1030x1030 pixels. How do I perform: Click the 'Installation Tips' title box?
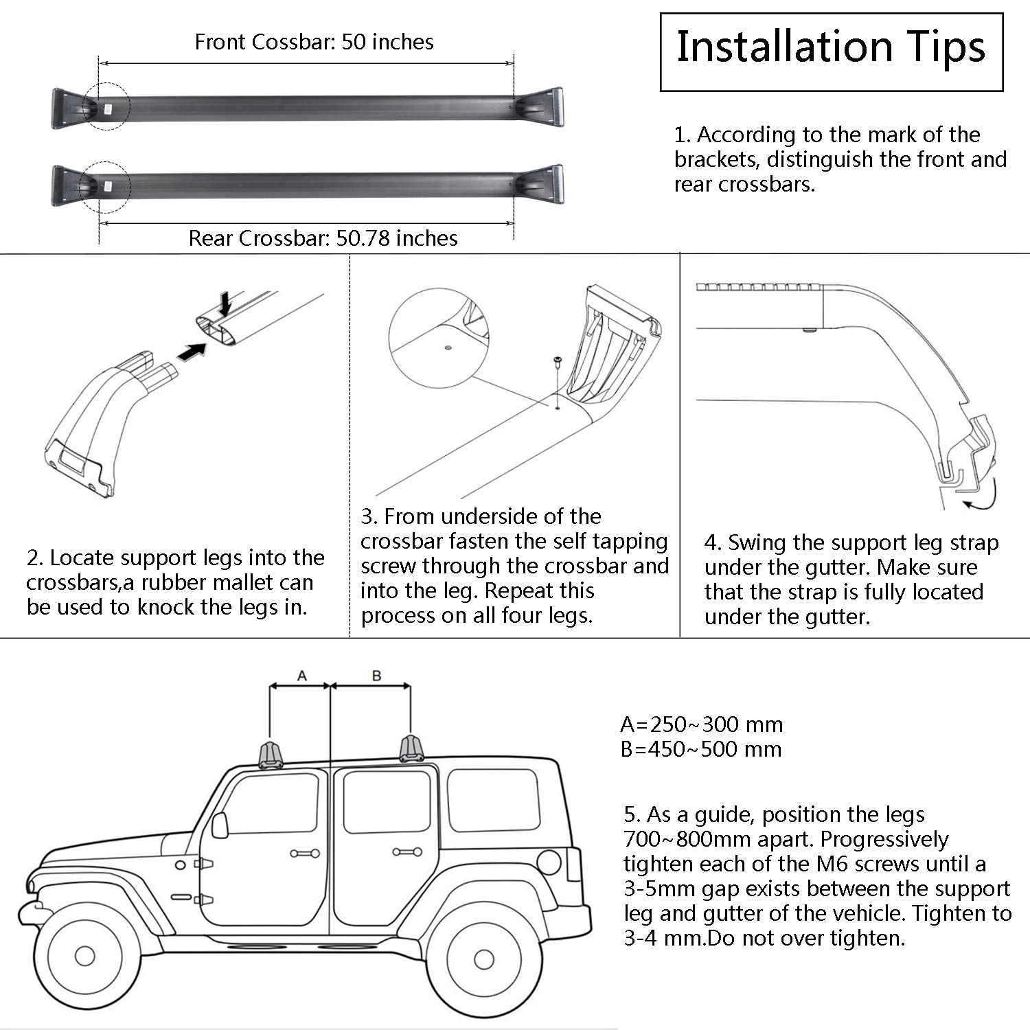(x=831, y=51)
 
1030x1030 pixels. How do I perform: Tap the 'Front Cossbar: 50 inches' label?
(x=314, y=42)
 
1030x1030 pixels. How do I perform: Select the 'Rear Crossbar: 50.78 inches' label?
(x=323, y=238)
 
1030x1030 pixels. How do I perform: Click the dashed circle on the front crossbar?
(x=106, y=106)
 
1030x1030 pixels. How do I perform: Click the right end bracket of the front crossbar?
(x=542, y=108)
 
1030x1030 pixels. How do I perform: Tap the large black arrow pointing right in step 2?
(x=192, y=351)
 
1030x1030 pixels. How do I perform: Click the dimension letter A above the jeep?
(x=301, y=676)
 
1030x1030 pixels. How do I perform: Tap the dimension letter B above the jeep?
(x=376, y=676)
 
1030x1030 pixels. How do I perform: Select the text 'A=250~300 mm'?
(x=701, y=724)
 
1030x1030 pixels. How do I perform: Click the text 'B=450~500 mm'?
(x=701, y=749)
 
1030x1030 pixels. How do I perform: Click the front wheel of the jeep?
(x=85, y=955)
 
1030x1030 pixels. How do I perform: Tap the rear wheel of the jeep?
(x=483, y=959)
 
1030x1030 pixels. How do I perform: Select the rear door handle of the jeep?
(x=407, y=852)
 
